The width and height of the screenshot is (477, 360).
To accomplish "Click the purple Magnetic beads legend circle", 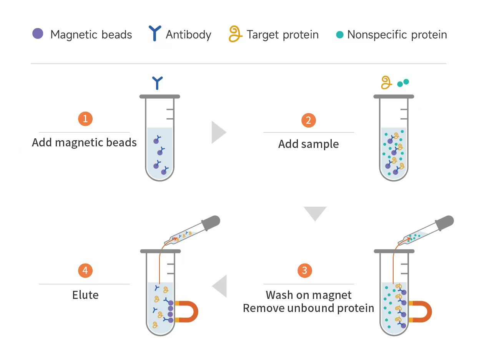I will (x=38, y=34).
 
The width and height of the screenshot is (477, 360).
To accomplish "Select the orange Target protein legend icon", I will (x=235, y=34).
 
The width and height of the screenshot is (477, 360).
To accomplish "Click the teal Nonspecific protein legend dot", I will (x=339, y=35).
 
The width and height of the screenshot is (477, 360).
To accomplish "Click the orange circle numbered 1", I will (x=85, y=118).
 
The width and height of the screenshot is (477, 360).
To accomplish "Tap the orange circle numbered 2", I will (x=308, y=120).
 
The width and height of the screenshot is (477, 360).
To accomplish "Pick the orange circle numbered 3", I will (x=305, y=270).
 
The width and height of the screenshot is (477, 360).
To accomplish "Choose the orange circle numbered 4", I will (x=85, y=270).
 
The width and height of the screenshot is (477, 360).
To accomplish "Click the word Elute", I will (x=85, y=295).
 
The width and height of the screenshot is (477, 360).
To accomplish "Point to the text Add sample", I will (x=308, y=144).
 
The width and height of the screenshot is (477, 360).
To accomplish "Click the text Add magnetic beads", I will (x=84, y=143).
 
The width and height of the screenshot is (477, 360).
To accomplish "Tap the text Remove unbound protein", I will (x=308, y=308).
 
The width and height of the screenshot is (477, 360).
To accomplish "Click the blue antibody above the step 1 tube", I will (x=158, y=83).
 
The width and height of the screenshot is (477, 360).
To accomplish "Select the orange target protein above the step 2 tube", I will (x=386, y=82).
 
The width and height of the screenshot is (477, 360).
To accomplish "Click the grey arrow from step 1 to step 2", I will (x=218, y=132).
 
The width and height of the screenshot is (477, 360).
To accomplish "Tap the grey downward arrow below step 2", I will (x=315, y=213).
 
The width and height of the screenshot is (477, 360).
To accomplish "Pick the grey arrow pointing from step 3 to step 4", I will (x=220, y=286).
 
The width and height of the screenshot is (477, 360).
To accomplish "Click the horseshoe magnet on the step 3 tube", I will (x=422, y=311).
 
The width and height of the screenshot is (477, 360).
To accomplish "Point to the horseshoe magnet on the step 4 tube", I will (x=189, y=311).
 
